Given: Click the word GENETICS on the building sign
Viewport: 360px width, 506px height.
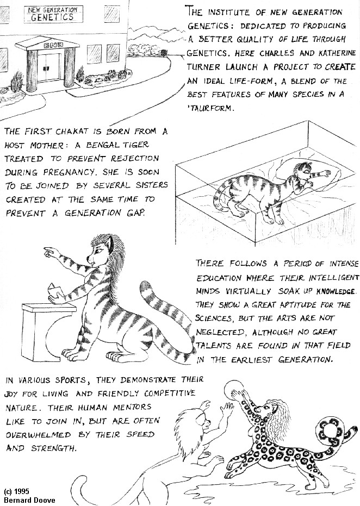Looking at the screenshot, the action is (x=52, y=17).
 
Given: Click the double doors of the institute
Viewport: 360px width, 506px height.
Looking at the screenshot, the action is (x=49, y=67).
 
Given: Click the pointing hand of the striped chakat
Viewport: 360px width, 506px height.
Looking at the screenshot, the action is (x=51, y=252).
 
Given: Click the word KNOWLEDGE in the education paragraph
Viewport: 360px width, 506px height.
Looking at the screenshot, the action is (x=336, y=291).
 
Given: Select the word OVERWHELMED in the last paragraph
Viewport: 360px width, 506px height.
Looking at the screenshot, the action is (x=39, y=435).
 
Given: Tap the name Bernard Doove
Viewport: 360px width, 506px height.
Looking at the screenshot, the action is (x=25, y=500).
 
